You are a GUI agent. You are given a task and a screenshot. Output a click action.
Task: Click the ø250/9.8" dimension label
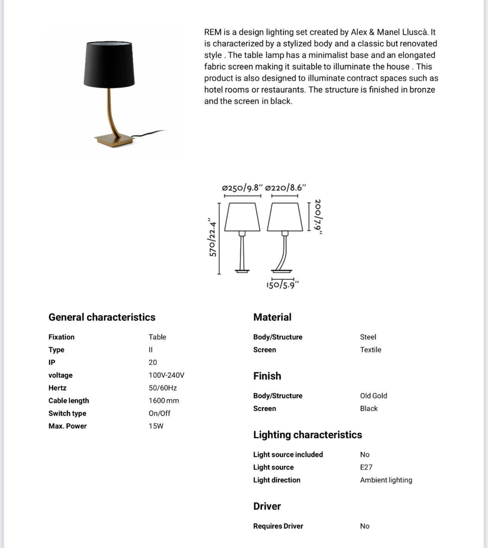(242, 188)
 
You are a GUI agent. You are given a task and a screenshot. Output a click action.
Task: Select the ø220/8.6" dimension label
(285, 188)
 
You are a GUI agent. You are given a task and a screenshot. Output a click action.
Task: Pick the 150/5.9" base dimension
(282, 285)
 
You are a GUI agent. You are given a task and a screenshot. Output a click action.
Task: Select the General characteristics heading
(102, 317)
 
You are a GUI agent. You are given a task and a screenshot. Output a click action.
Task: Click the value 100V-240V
(166, 375)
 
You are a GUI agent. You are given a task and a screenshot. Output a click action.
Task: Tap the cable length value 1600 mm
(164, 401)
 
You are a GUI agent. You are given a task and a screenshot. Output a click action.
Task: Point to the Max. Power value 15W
(156, 426)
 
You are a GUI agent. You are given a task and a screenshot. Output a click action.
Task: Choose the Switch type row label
(67, 413)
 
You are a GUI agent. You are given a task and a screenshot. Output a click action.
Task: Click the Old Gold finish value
(373, 396)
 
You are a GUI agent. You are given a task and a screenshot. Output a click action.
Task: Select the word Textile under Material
(370, 349)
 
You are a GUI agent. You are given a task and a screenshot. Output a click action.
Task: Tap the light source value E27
(366, 467)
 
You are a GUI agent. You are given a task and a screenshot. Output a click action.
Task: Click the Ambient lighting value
(386, 480)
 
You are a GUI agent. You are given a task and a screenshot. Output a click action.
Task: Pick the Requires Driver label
(278, 526)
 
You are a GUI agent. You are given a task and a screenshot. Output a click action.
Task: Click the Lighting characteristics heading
(308, 435)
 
